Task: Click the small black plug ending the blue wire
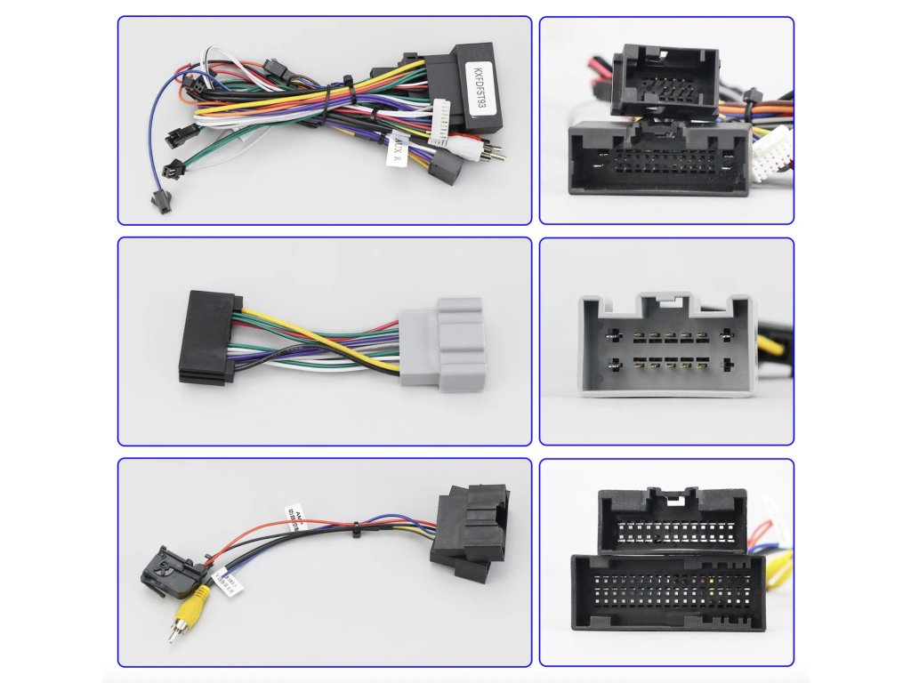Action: coord(160,204)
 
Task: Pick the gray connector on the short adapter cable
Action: coord(439,346)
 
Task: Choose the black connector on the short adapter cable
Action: coord(209,338)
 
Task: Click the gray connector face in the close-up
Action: coord(666,348)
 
